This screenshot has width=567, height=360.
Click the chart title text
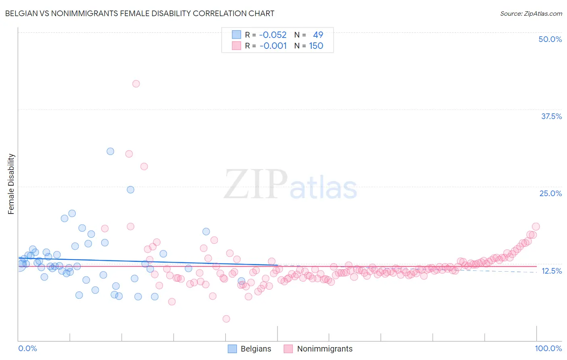pyautogui.click(x=140, y=13)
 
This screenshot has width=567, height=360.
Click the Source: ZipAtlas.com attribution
pyautogui.click(x=531, y=13)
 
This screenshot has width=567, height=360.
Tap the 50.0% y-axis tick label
pyautogui.click(x=550, y=39)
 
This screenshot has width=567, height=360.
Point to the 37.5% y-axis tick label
pyautogui.click(x=551, y=116)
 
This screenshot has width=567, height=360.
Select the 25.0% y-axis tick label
pyautogui.click(x=550, y=193)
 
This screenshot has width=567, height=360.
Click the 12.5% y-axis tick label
pyautogui.click(x=551, y=271)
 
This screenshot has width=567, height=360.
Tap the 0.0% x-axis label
pyautogui.click(x=27, y=348)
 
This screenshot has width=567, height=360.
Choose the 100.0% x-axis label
pyautogui.click(x=548, y=348)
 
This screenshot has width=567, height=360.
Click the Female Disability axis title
pyautogui.click(x=11, y=184)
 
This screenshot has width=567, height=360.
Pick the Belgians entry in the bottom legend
pyautogui.click(x=256, y=349)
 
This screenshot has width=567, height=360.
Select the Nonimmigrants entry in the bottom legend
pyautogui.click(x=325, y=349)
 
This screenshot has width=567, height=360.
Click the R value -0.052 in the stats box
pyautogui.click(x=273, y=35)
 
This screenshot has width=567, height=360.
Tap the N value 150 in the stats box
pyautogui.click(x=316, y=46)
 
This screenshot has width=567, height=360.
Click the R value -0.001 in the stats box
pyautogui.click(x=273, y=46)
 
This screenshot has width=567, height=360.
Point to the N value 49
pyautogui.click(x=318, y=35)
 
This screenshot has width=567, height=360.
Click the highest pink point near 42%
pyautogui.click(x=136, y=84)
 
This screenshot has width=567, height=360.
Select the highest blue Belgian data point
pyautogui.click(x=110, y=151)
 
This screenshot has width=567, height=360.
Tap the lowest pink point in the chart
pyautogui.click(x=226, y=319)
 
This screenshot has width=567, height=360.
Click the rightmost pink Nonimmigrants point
pyautogui.click(x=536, y=226)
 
